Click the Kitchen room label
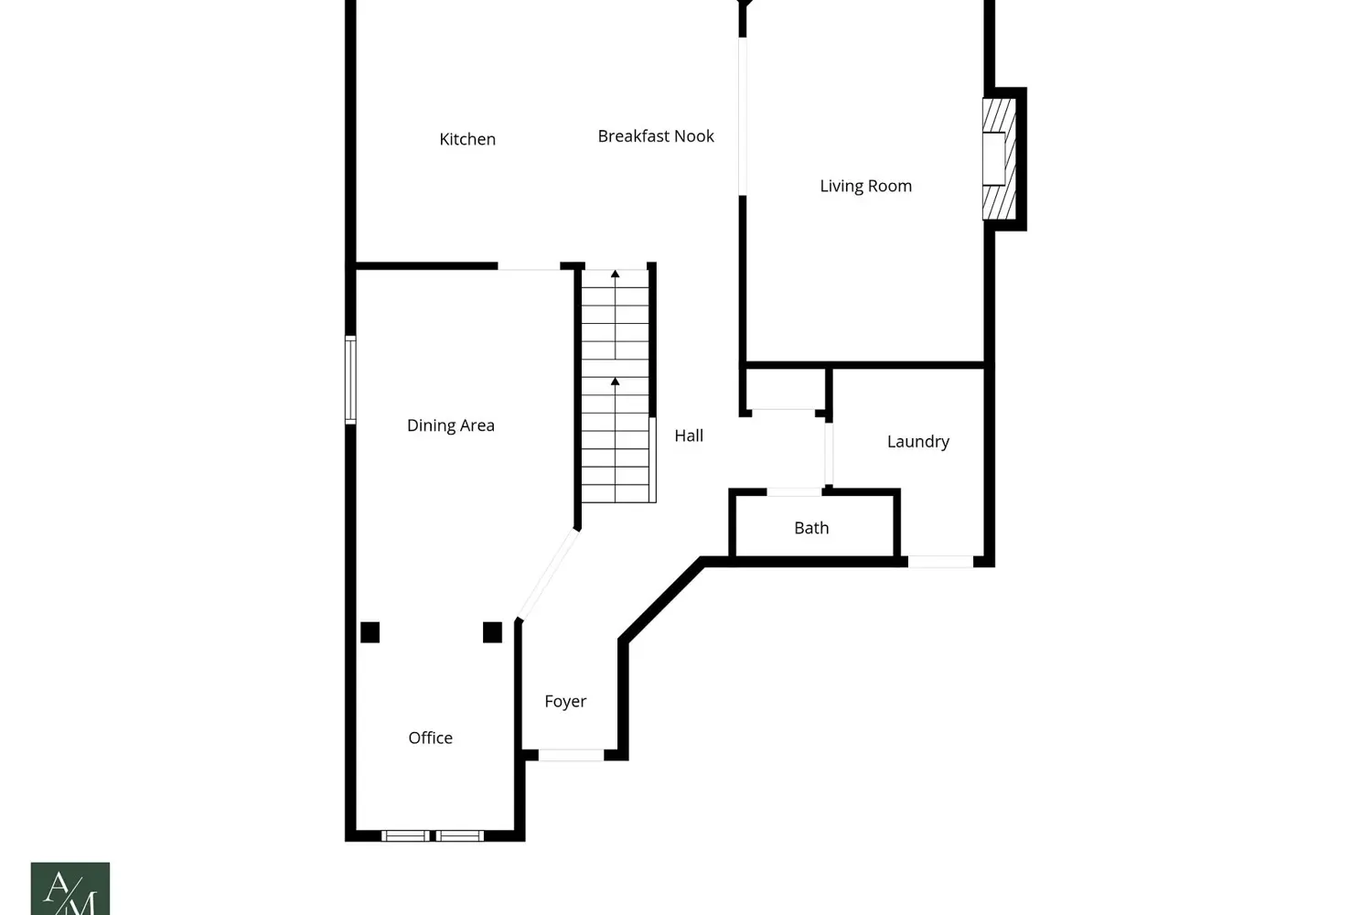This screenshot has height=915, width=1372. coord(467,140)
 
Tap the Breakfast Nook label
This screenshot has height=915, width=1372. coord(656,136)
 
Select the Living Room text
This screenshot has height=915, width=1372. coord(865,187)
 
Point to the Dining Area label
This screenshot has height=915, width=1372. coord(450,425)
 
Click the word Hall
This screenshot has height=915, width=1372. coord(689,436)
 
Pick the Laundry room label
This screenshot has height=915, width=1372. coord(918,442)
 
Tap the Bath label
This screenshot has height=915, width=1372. coord(811,528)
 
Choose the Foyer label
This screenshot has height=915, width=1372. coord(565,701)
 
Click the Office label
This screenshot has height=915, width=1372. coord(431,737)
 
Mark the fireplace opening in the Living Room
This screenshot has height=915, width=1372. coord(994,158)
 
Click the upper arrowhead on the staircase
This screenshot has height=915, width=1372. coord(615,274)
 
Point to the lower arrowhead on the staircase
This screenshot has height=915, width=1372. coord(615,382)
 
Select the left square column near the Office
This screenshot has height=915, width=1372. coord(370,632)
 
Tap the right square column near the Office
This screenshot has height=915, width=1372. coord(492,632)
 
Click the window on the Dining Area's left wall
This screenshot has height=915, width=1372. coord(350,380)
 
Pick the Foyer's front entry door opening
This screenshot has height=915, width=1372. coord(571,755)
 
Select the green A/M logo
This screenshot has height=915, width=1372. coord(70,888)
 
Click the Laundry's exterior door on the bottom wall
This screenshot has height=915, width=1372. coord(940,562)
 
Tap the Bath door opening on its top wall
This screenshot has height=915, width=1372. coord(795,491)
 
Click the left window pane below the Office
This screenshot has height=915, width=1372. coord(405,836)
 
